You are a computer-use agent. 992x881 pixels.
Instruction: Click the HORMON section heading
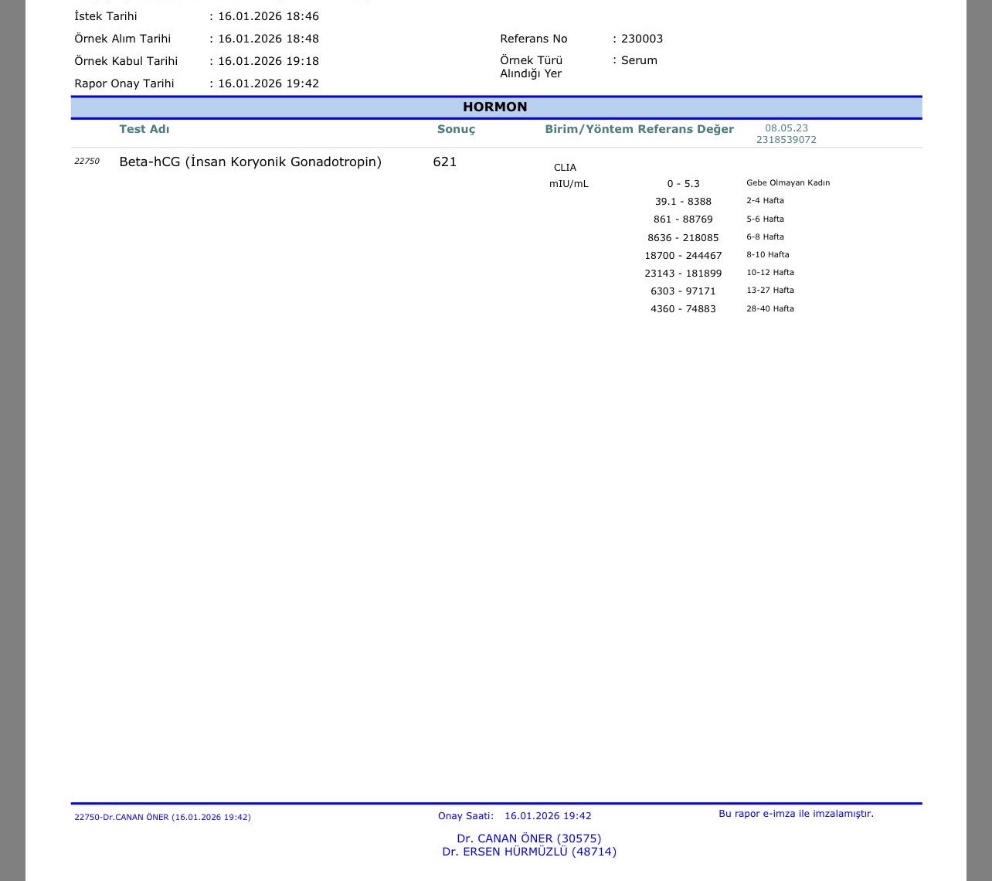(x=494, y=107)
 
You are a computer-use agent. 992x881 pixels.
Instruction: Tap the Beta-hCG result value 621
(x=445, y=162)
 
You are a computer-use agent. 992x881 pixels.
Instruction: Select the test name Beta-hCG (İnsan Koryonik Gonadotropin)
(x=250, y=162)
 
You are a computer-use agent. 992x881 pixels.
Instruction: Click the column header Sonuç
(x=456, y=129)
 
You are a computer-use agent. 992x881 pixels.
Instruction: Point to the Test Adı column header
(x=144, y=129)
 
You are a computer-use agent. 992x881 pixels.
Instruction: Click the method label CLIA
(x=565, y=168)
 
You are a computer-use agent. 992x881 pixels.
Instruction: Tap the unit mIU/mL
(x=569, y=184)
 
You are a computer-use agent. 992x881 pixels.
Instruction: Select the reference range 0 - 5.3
(x=683, y=184)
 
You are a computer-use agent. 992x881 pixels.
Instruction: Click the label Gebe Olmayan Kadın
(x=788, y=183)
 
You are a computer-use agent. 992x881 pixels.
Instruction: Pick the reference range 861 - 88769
(x=683, y=219)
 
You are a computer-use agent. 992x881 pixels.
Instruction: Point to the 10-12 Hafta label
(x=770, y=273)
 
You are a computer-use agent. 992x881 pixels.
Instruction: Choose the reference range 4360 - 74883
(x=683, y=309)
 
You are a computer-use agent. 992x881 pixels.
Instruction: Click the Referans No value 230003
(x=642, y=39)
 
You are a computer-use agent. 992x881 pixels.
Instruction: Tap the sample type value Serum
(x=639, y=60)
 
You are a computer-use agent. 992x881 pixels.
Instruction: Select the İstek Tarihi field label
(x=105, y=16)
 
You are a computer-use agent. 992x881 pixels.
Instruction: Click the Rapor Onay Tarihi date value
(x=268, y=83)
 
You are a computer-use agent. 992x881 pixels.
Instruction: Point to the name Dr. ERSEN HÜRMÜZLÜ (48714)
(x=529, y=852)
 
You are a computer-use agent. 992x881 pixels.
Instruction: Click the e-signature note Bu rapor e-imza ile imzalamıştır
(x=796, y=814)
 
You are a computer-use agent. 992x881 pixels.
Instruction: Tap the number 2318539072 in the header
(x=786, y=140)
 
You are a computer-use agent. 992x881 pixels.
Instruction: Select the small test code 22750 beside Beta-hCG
(x=87, y=162)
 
